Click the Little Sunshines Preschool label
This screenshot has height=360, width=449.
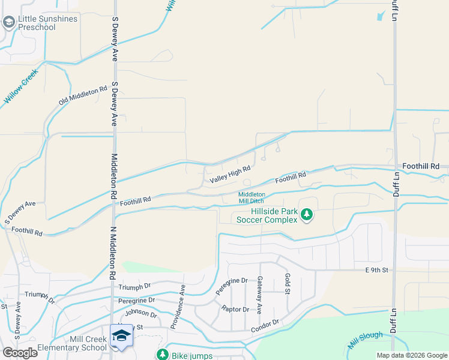[x=47, y=23]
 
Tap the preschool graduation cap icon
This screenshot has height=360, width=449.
[x=8, y=23]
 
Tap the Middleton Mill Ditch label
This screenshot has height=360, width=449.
[x=252, y=198]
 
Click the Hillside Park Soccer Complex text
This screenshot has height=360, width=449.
[x=267, y=215]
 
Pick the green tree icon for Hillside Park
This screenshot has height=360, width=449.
[x=307, y=214]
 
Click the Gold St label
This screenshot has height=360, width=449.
[x=288, y=284]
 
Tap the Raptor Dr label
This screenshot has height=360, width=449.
[x=235, y=309]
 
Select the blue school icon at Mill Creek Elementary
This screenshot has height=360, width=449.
[x=121, y=336]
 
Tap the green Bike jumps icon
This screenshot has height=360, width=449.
[x=162, y=355]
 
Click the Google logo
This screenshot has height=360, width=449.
[x=20, y=353]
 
